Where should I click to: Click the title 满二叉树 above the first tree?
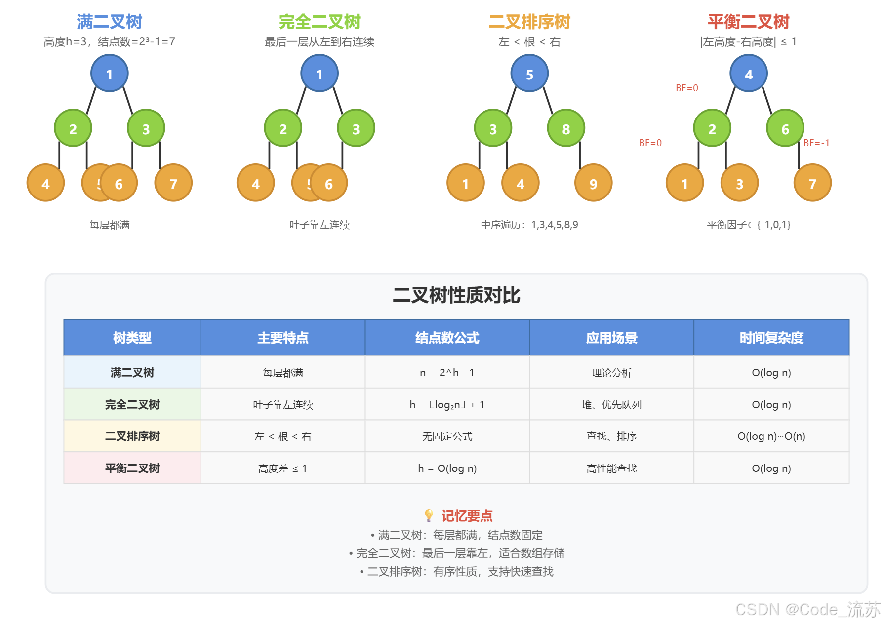pyautogui.click(x=109, y=22)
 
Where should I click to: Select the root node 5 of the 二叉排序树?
pyautogui.click(x=529, y=74)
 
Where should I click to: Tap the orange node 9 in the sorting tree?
pyautogui.click(x=593, y=184)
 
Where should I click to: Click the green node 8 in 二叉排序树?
pyautogui.click(x=566, y=129)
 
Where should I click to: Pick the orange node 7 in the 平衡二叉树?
pyautogui.click(x=812, y=184)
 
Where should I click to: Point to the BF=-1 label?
pyautogui.click(x=816, y=143)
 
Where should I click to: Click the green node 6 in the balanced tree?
pyautogui.click(x=785, y=129)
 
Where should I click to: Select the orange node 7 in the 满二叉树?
pyautogui.click(x=173, y=184)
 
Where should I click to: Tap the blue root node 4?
pyautogui.click(x=749, y=74)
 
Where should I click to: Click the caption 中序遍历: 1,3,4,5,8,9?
pyautogui.click(x=529, y=225)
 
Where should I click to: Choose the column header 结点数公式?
pyautogui.click(x=447, y=338)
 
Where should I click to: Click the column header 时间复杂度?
pyautogui.click(x=771, y=338)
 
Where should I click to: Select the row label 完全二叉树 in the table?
pyautogui.click(x=132, y=405)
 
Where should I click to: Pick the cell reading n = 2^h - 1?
pyautogui.click(x=447, y=373)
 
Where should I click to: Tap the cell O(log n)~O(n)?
pyautogui.click(x=771, y=436)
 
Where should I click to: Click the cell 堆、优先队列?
pyautogui.click(x=611, y=405)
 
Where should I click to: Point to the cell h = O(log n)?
pyautogui.click(x=447, y=468)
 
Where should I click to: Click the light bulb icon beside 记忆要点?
pyautogui.click(x=429, y=516)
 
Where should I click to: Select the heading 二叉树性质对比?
pyautogui.click(x=456, y=295)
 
